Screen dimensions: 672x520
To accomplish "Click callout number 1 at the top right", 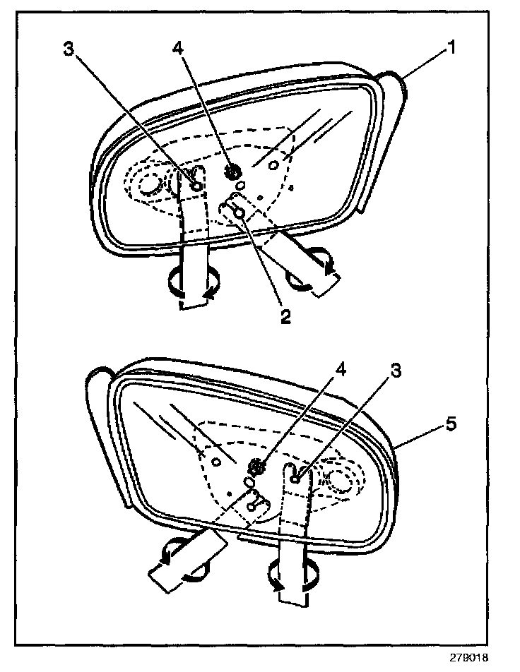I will pos(449,49).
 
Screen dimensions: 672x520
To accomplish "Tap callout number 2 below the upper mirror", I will pos(285,316).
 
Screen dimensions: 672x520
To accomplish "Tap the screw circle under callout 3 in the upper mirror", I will pos(197,185).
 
